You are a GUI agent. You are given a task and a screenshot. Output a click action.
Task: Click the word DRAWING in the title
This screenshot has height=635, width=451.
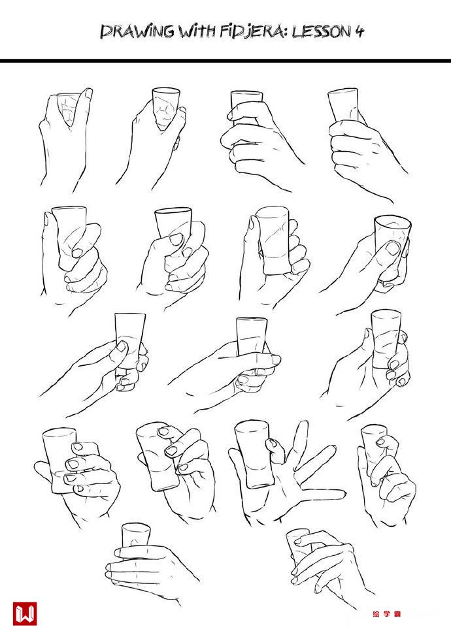point(137,31)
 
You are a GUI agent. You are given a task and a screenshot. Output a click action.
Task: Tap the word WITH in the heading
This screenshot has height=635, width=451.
point(197,31)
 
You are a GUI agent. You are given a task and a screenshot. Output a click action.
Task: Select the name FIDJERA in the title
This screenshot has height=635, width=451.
point(252,31)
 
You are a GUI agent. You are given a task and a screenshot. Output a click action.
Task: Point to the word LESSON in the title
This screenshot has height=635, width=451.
point(322,31)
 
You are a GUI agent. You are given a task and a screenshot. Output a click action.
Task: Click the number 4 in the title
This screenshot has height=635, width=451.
point(359,31)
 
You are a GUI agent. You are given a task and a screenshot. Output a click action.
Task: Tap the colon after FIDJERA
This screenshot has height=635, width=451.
point(286,33)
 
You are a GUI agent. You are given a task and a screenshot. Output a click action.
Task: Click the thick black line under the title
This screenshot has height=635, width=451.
point(225,60)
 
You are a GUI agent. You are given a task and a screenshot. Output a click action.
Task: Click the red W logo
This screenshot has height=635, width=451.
point(25,613)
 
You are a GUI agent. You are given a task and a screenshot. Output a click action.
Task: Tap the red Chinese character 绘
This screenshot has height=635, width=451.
point(376,614)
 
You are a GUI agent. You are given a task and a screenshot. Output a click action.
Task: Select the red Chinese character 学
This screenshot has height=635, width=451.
point(386,614)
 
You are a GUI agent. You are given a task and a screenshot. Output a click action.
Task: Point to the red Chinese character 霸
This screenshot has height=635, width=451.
point(397,614)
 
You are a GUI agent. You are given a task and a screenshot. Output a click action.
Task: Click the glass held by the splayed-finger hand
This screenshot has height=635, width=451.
point(254,453)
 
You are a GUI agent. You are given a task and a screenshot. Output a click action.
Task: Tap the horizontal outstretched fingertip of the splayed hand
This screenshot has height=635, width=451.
point(342,494)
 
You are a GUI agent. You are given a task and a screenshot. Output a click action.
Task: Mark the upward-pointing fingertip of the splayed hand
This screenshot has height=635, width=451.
point(303,425)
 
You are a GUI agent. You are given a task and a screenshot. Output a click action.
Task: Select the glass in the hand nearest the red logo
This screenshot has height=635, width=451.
point(136,535)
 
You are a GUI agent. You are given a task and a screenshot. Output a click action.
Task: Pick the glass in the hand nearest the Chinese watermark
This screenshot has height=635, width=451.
point(299,545)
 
